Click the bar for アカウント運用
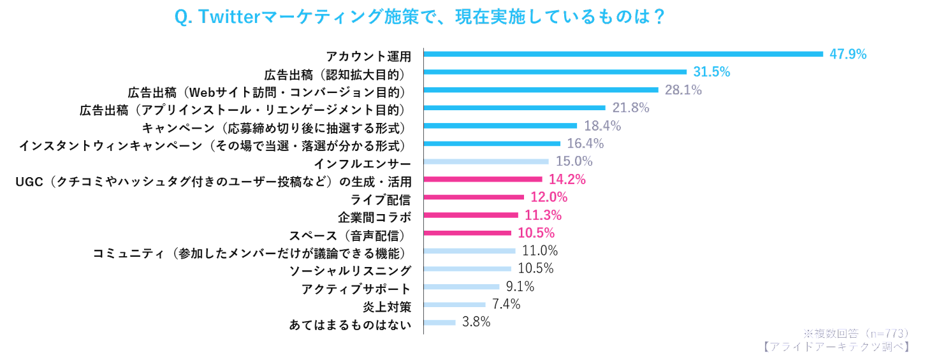coord(623,54)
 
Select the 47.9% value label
coord(848,54)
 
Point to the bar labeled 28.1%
coord(541,90)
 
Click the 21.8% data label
coord(630,108)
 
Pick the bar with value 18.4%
coord(500,126)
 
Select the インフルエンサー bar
coord(486,162)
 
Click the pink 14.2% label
coord(567,180)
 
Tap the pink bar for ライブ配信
coord(474,198)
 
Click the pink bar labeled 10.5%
coord(467,233)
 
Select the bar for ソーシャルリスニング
coord(467,269)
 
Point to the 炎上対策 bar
coord(455,305)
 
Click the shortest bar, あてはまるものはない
coord(440,322)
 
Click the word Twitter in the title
coord(227,17)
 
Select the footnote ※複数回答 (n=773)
coord(855,333)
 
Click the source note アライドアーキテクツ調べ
coord(835,346)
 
